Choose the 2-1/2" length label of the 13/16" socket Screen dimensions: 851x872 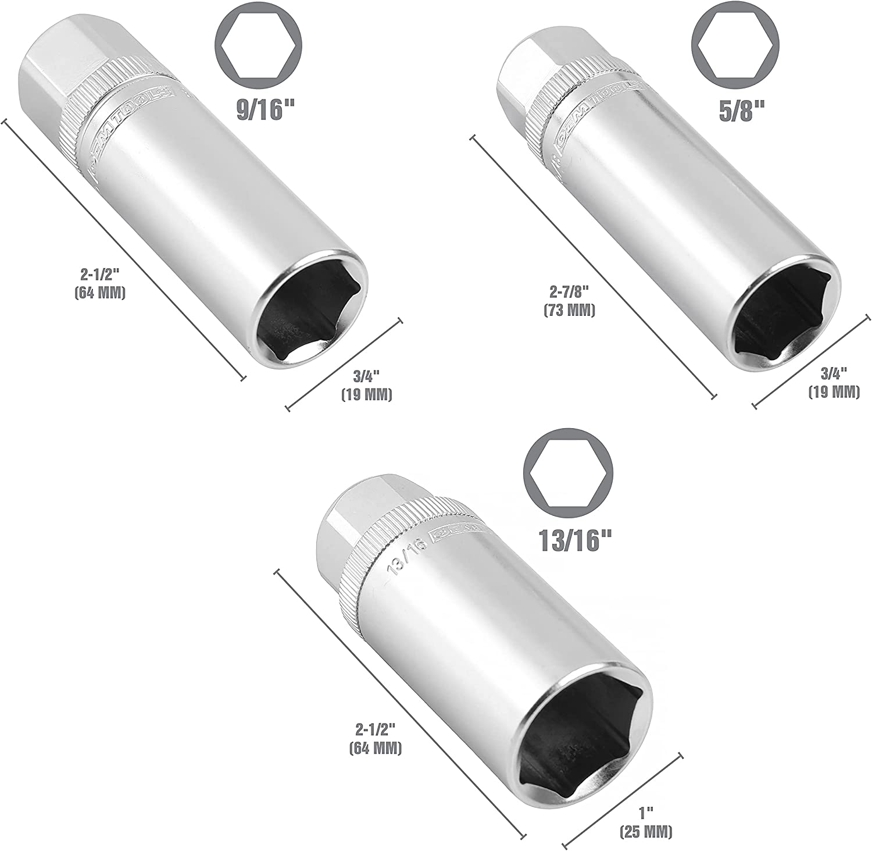[x=375, y=738]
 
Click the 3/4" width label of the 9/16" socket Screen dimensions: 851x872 [x=366, y=386]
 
